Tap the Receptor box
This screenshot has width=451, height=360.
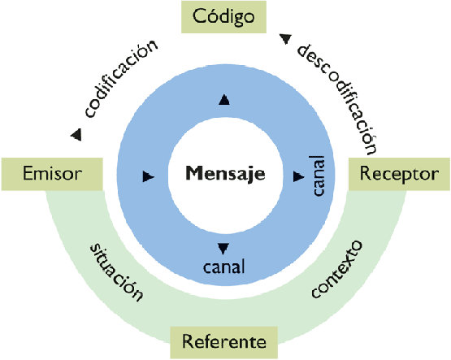398,173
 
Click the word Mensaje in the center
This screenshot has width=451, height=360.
225,173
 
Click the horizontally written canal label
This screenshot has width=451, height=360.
224,265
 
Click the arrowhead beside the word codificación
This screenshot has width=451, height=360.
76,134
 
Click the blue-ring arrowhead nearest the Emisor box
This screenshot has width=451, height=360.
148,175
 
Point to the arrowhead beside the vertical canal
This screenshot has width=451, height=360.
298,175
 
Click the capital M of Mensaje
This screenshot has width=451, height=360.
193,173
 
